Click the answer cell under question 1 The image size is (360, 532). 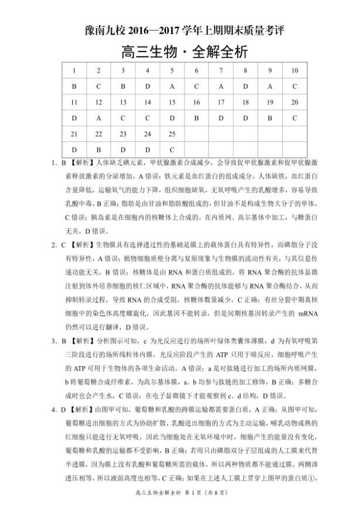(74, 86)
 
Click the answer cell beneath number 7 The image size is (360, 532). (221, 86)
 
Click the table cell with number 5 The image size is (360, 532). (172, 70)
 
